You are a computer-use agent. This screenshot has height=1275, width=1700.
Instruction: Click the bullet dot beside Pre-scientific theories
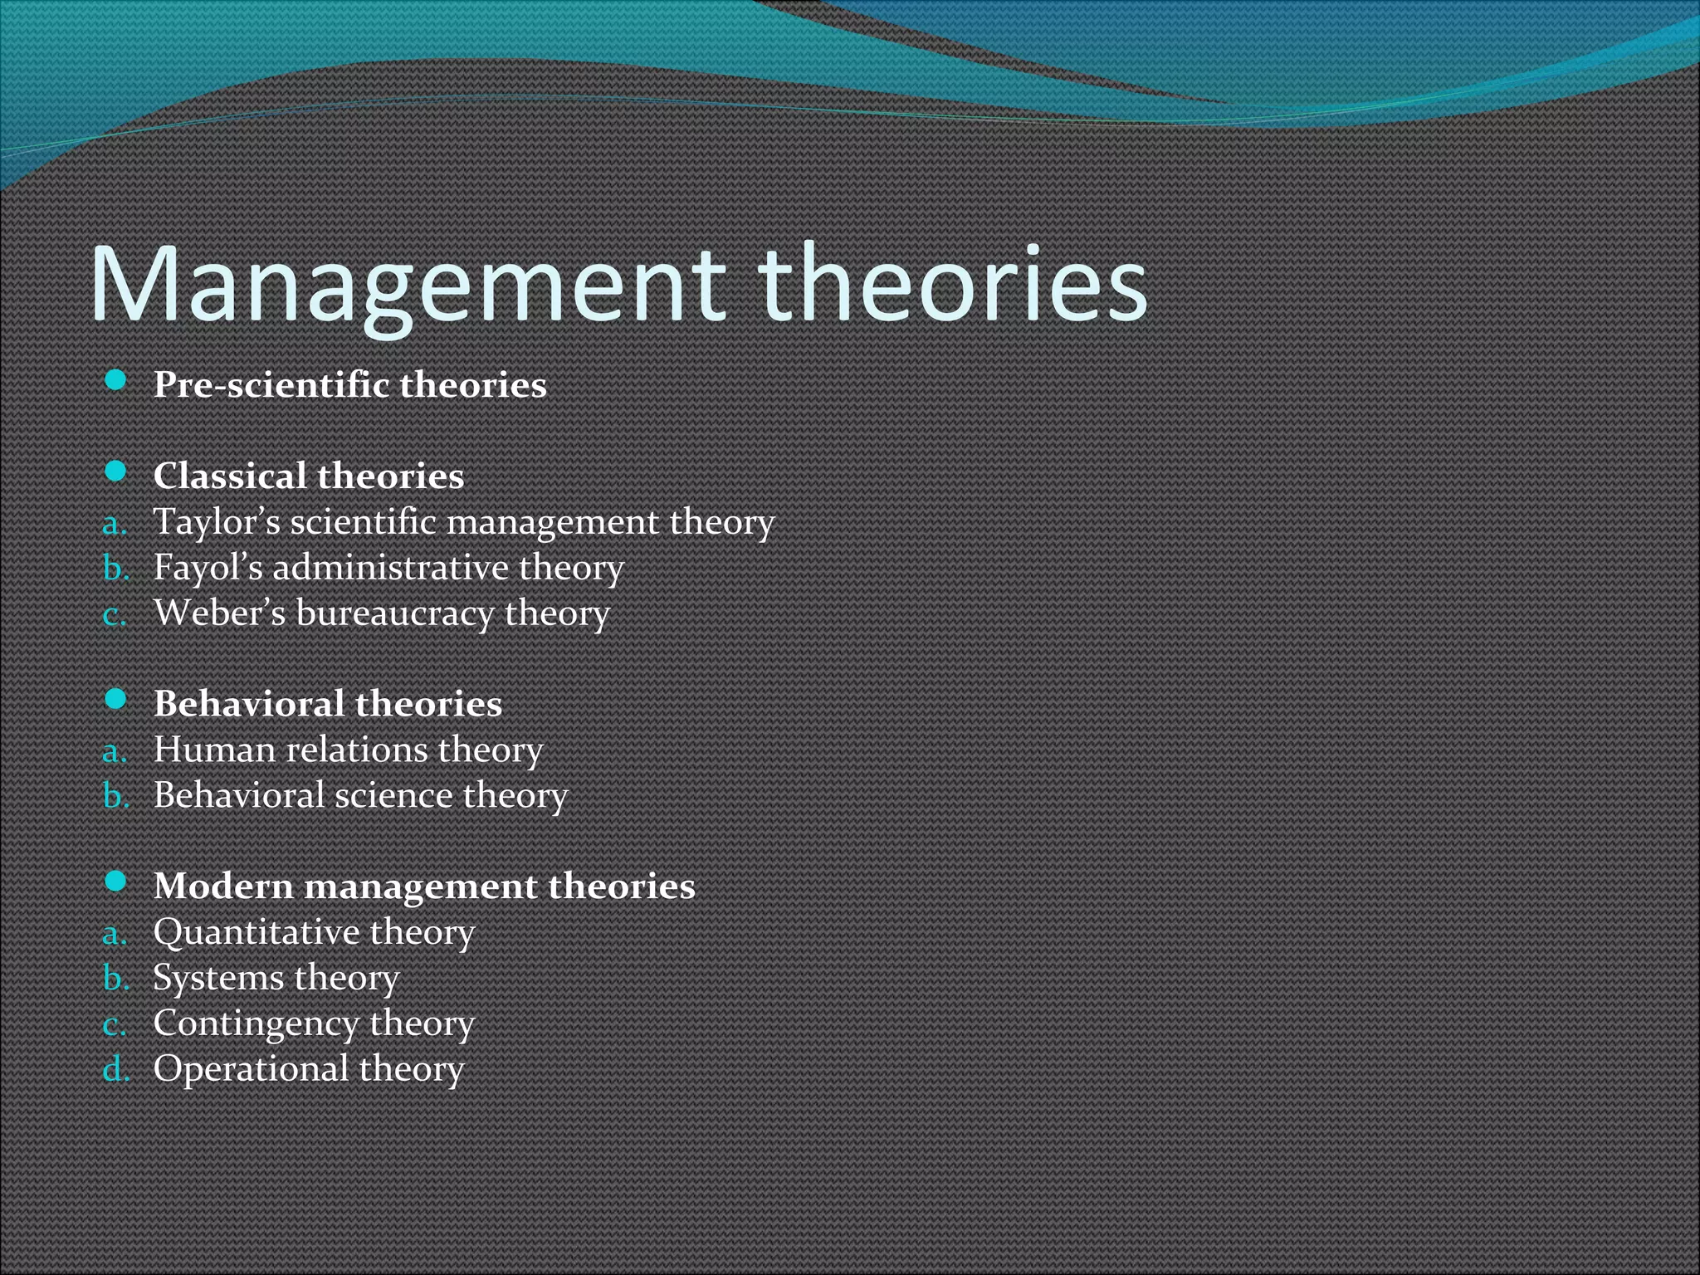point(116,381)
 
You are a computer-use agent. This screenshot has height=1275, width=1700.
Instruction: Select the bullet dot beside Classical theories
point(116,472)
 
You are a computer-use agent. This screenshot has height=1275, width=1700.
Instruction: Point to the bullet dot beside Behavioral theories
point(116,700)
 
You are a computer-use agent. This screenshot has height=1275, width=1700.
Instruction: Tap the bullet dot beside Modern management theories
point(116,882)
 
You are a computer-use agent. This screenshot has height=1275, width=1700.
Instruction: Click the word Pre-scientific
point(271,385)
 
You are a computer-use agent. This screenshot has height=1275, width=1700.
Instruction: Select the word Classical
point(230,476)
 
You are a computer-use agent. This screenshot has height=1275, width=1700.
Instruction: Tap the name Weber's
point(219,613)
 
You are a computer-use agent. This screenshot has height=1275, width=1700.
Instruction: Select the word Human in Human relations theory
point(214,750)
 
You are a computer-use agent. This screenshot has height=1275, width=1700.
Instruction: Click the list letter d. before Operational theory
point(116,1069)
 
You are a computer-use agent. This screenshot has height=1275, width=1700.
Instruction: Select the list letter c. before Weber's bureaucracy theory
point(115,616)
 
